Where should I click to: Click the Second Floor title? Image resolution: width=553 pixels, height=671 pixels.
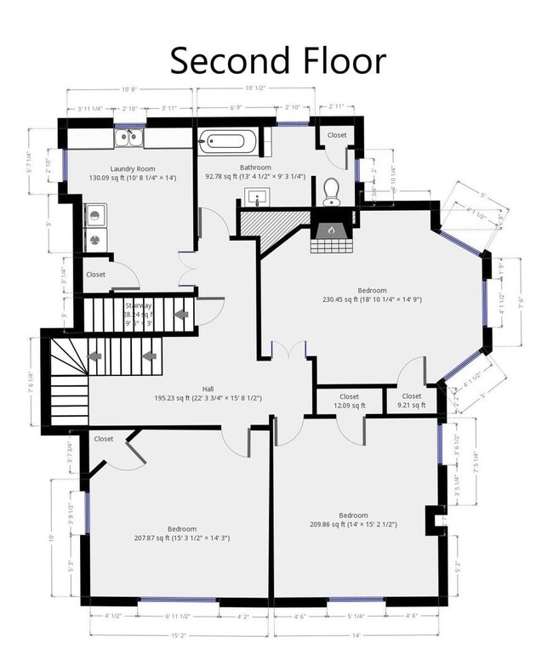[x=277, y=60]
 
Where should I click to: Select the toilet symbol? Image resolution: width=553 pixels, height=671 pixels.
[x=331, y=192]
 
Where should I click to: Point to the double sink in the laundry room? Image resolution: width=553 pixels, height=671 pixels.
[x=129, y=138]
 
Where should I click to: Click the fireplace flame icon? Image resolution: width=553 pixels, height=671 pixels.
[x=330, y=230]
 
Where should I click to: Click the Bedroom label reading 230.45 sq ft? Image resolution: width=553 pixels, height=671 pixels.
[x=372, y=294]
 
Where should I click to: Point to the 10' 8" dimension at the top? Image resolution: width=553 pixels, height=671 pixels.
[x=130, y=88]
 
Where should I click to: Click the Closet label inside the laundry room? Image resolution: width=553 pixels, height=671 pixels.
[x=95, y=275]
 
